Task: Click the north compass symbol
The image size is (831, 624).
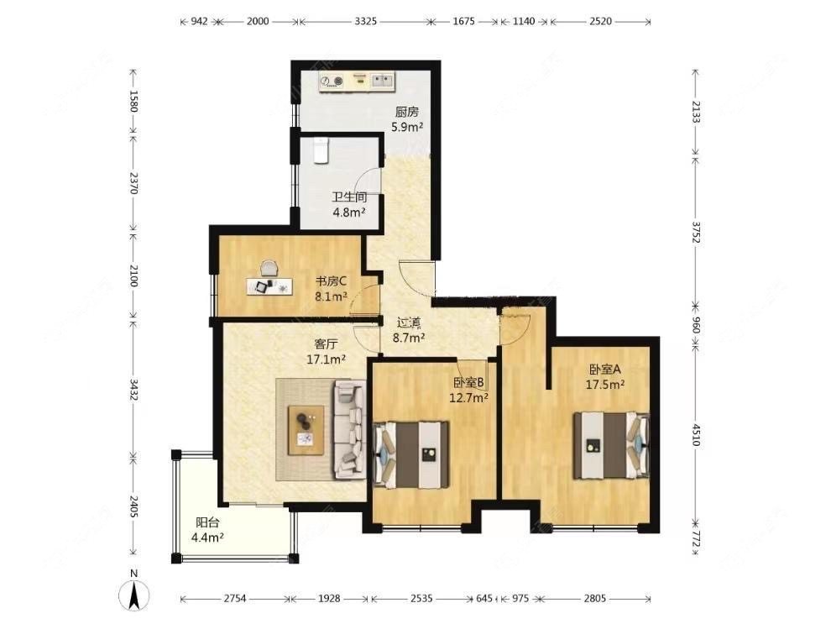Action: point(134,595)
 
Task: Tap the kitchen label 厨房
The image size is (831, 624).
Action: point(407,112)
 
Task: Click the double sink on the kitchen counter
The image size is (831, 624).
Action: point(381,81)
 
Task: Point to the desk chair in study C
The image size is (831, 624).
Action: point(269,268)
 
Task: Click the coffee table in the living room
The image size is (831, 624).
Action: point(306,430)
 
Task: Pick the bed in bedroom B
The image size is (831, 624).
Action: point(411,454)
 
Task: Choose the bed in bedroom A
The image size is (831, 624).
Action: point(612,445)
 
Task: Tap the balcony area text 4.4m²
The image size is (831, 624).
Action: point(207,537)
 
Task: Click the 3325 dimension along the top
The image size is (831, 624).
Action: point(366,21)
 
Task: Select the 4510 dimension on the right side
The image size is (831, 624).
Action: point(696,433)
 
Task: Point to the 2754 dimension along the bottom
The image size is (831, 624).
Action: point(235,599)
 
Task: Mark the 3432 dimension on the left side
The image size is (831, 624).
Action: point(134,389)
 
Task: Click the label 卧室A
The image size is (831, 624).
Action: point(604,369)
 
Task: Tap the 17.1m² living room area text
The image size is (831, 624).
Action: point(327,359)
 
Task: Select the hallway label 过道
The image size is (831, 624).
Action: point(409,322)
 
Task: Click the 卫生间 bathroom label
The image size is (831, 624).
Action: point(349,197)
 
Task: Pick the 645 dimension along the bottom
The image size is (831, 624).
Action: point(483,599)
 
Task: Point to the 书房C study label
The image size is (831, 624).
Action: point(332,281)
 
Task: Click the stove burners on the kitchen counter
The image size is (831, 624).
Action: point(332,81)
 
